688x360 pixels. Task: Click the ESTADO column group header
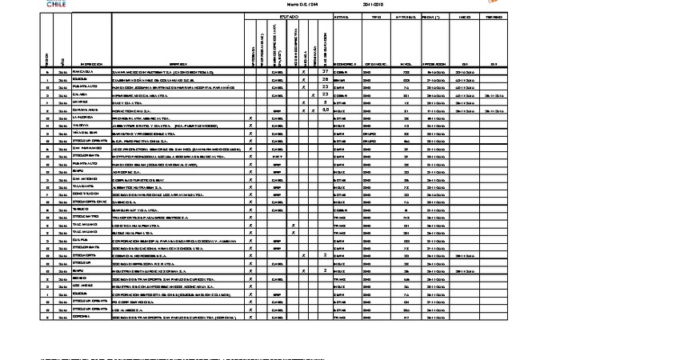(x=289, y=16)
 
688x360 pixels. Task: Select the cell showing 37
(x=325, y=72)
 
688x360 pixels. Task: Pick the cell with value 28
(x=325, y=80)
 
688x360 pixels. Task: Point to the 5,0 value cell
(x=325, y=110)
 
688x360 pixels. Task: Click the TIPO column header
(x=377, y=16)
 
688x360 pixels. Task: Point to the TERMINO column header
(x=494, y=16)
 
